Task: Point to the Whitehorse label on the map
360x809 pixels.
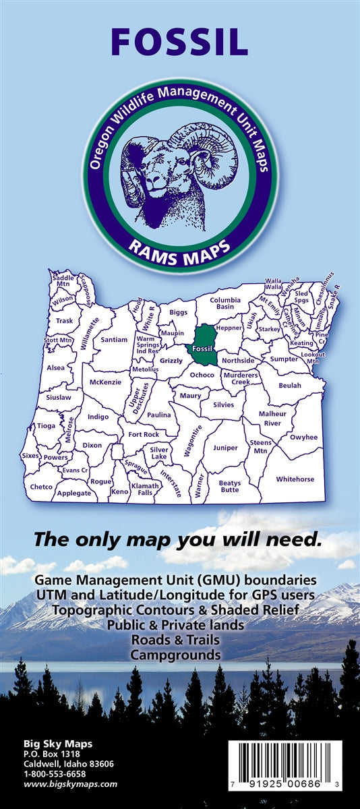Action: (295, 479)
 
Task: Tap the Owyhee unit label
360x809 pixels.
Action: (303, 437)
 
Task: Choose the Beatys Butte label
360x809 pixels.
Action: (230, 486)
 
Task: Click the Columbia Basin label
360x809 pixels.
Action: (225, 303)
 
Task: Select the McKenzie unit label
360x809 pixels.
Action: (105, 382)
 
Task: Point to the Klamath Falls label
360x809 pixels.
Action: (146, 489)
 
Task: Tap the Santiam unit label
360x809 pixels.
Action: (114, 340)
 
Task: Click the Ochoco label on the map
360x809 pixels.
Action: (202, 375)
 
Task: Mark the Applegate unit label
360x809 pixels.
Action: (74, 493)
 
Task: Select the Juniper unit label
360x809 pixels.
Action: (225, 448)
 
